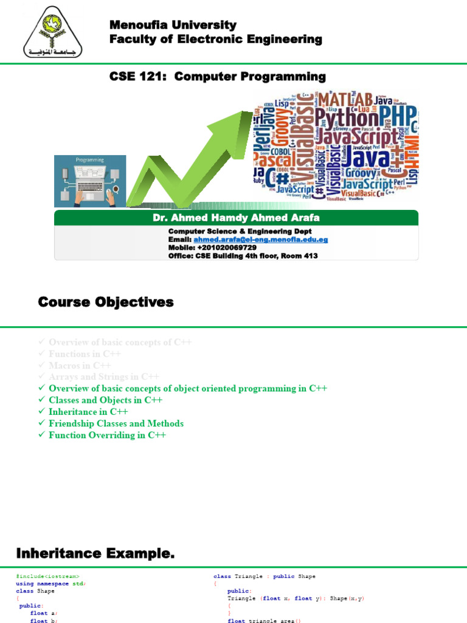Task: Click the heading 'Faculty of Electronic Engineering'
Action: tap(215, 40)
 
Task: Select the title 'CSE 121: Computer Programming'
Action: tap(217, 77)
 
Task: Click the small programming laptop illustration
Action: tap(90, 181)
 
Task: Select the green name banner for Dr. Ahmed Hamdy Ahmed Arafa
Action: tap(236, 218)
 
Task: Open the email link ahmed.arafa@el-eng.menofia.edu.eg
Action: tap(260, 240)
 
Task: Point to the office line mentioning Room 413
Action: tap(243, 256)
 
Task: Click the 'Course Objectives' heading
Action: tap(106, 302)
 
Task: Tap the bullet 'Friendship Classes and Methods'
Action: tap(116, 423)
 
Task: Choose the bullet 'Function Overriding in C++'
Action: tap(107, 435)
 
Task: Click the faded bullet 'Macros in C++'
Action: tap(80, 366)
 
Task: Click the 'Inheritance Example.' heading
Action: tap(95, 554)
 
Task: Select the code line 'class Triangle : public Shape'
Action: tap(265, 576)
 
